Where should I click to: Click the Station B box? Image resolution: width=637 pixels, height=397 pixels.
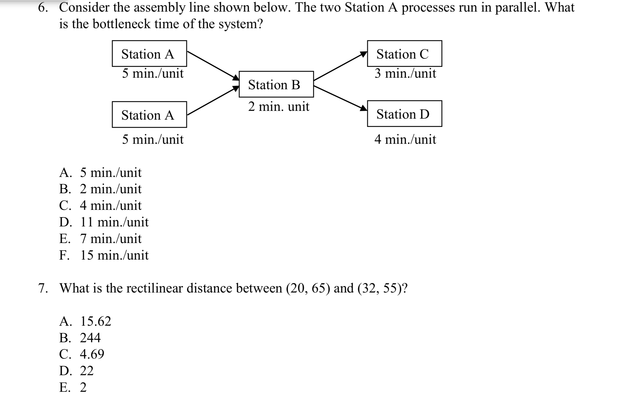tap(276, 84)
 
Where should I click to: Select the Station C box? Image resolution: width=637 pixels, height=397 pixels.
tap(404, 54)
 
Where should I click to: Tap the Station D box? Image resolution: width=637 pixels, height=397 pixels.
tap(404, 114)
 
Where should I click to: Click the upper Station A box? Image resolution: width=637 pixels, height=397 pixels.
tap(149, 54)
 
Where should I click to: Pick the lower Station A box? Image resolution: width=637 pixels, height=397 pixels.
tap(149, 115)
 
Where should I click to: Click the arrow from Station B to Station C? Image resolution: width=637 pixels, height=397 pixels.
tap(340, 66)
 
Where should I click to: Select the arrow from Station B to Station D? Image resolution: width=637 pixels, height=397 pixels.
tap(340, 98)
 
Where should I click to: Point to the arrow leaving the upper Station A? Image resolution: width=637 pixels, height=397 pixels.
tap(213, 65)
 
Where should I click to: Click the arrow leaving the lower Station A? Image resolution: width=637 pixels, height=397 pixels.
tap(213, 101)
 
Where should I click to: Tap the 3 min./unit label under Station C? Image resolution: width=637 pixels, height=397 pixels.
tap(405, 73)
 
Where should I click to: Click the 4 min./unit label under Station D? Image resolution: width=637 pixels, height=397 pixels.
tap(405, 139)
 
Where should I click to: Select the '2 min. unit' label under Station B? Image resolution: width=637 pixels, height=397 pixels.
tap(279, 107)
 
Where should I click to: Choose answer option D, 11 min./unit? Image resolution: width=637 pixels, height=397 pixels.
tap(104, 222)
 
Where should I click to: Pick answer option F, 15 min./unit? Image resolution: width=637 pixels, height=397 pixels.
tap(104, 255)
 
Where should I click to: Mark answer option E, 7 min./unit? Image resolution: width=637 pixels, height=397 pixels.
tap(101, 239)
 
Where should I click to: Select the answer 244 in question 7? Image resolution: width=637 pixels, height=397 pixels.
tap(80, 338)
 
